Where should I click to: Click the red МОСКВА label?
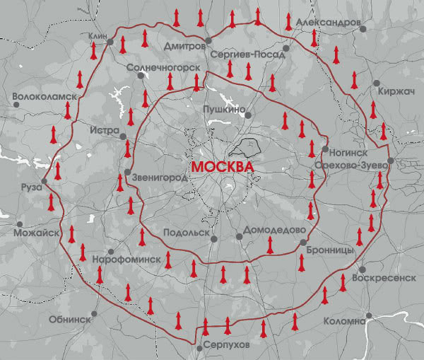[222, 166]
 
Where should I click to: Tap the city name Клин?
[97, 35]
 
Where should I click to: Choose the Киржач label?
[396, 91]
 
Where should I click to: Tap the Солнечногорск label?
[159, 68]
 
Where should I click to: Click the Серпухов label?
[225, 344]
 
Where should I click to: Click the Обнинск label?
[69, 319]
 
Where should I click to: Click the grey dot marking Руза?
[45, 182]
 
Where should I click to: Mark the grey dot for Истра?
[123, 137]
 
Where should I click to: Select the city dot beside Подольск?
[214, 239]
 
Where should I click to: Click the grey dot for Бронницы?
[303, 243]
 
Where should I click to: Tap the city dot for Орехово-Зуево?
[390, 161]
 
